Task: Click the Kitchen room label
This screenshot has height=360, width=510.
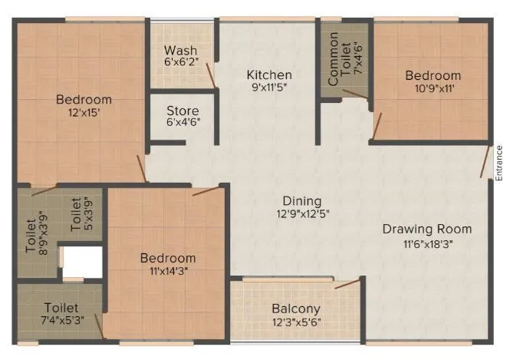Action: click(268, 75)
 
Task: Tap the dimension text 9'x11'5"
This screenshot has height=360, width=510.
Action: click(268, 88)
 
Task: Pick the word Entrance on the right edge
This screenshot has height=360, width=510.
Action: click(498, 162)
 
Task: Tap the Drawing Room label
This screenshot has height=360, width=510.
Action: click(427, 229)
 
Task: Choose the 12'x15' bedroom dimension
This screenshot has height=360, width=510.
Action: click(83, 113)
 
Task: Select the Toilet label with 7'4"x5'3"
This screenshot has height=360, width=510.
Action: click(60, 308)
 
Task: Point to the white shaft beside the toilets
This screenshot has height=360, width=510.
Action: click(82, 262)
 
